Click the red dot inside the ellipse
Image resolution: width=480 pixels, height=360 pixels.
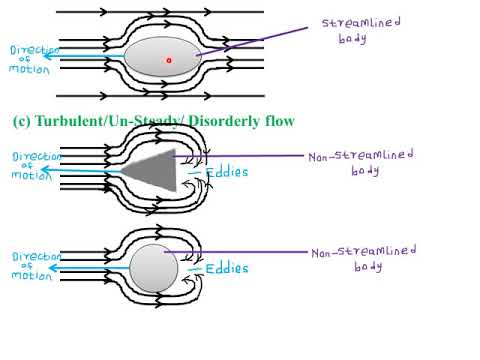coord(169,60)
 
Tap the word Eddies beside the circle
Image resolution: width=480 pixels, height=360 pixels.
coord(226,268)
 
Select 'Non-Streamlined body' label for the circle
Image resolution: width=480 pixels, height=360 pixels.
coord(364,258)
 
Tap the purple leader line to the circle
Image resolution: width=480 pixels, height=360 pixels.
coord(240,251)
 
